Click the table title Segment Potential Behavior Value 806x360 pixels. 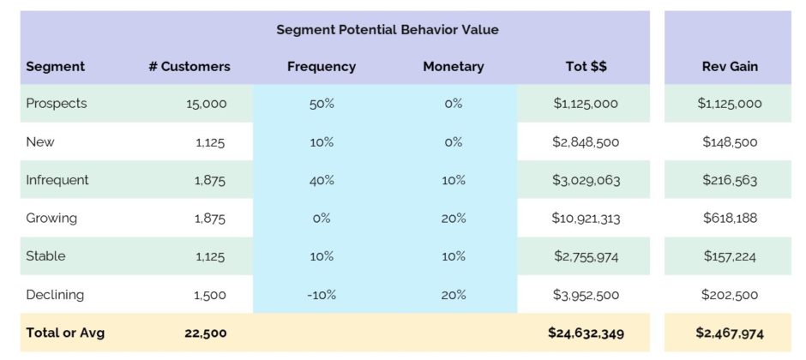click(x=388, y=30)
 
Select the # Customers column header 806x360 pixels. click(x=189, y=67)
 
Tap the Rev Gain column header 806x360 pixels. click(x=730, y=67)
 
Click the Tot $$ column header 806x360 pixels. click(x=586, y=67)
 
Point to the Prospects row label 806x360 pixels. click(x=57, y=103)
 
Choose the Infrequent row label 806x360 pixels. click(x=57, y=180)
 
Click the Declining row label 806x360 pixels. click(x=55, y=295)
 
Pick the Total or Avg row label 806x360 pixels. click(x=65, y=333)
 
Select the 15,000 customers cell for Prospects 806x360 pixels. click(x=207, y=104)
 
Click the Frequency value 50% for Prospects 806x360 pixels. click(x=322, y=104)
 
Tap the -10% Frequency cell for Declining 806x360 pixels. click(x=322, y=295)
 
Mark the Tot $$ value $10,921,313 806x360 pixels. click(x=586, y=219)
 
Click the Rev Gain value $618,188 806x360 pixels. click(x=730, y=219)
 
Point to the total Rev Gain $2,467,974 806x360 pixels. click(x=730, y=333)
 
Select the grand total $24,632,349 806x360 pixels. click(x=586, y=333)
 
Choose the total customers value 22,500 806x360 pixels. click(x=206, y=333)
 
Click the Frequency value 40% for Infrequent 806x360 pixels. click(x=322, y=180)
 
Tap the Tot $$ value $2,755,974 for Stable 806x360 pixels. click(x=586, y=256)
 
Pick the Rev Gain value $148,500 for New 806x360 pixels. click(x=730, y=141)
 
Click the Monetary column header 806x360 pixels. click(x=454, y=67)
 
